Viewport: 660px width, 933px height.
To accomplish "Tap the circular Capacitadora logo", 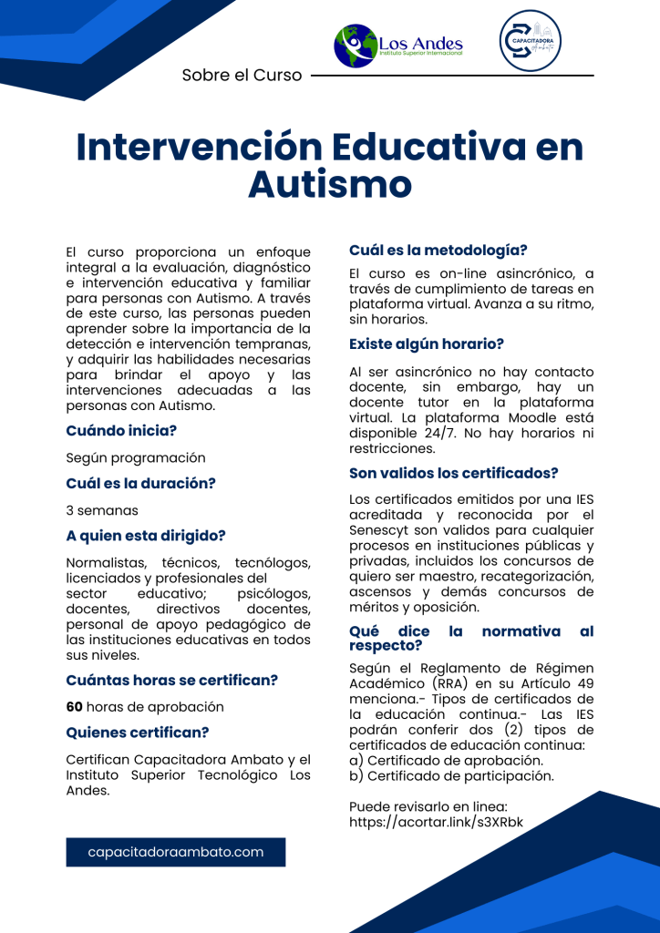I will click(531, 42).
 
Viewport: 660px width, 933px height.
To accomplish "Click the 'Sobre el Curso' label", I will click(242, 76).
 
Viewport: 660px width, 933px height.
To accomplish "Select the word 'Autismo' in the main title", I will click(330, 185).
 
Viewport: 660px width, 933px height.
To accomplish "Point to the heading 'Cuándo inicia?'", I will click(121, 430).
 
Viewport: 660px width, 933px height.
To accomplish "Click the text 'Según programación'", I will click(136, 458).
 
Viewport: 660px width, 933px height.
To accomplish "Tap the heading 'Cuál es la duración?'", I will click(140, 483).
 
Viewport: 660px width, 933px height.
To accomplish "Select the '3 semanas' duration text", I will click(102, 510).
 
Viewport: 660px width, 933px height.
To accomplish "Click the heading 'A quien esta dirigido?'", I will click(146, 536).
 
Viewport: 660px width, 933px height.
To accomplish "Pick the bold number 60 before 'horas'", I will click(75, 707).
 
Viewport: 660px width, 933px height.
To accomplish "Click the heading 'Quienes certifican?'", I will click(138, 732).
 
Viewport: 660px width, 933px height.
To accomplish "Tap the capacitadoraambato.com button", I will click(176, 852).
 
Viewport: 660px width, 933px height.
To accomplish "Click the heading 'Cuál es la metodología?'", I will click(438, 250).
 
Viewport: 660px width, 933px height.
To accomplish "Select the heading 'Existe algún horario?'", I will click(427, 344).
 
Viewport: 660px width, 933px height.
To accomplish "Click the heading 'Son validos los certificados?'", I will click(453, 473).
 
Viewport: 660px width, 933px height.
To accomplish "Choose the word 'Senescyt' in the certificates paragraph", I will click(378, 530).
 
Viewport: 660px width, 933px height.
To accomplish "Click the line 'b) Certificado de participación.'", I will click(451, 776).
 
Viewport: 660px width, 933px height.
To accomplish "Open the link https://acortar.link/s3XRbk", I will click(437, 822).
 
